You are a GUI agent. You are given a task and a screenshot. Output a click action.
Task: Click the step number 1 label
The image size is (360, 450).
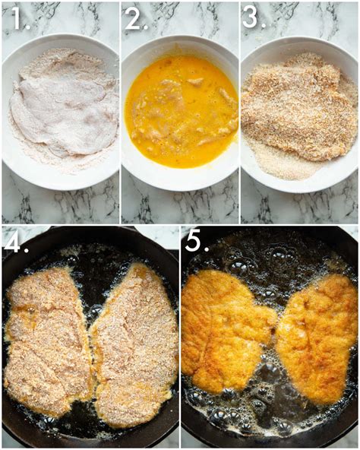coord(17,19)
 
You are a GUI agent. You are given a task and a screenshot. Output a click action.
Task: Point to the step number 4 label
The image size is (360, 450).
coord(15,242)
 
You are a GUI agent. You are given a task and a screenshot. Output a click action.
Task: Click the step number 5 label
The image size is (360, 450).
coord(196,242)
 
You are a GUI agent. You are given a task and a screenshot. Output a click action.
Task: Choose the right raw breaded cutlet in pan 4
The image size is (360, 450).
coord(135,346)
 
